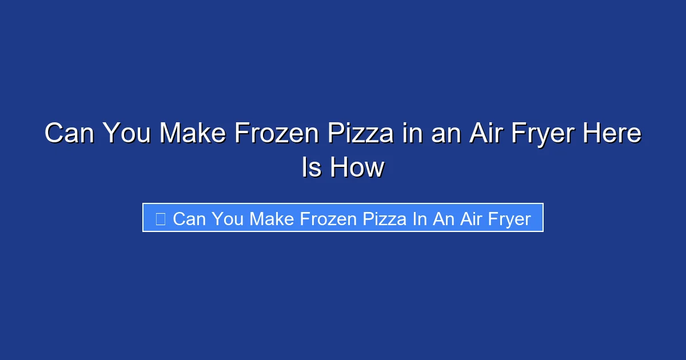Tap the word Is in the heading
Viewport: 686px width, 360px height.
pyautogui.click(x=310, y=168)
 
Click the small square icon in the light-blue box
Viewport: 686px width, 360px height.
pyautogui.click(x=161, y=218)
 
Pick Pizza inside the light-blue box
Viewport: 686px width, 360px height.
pyautogui.click(x=380, y=218)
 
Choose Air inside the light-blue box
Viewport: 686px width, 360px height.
pyautogui.click(x=472, y=218)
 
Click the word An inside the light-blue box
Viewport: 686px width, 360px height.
pyautogui.click(x=444, y=218)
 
